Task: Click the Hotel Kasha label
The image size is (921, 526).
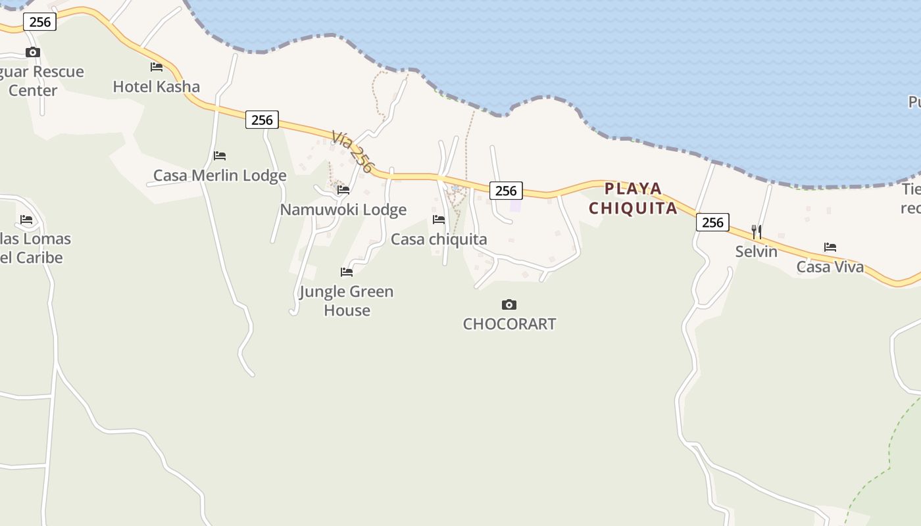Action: (156, 87)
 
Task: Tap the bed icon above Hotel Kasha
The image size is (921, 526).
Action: (157, 66)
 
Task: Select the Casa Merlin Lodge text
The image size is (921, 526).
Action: (220, 176)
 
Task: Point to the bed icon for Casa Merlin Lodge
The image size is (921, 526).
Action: (220, 156)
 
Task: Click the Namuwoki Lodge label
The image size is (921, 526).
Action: (343, 210)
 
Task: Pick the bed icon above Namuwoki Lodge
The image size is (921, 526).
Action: (343, 190)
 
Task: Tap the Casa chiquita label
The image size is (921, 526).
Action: (439, 239)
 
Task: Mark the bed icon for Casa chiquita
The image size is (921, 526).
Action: (439, 219)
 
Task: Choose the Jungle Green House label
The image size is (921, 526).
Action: (347, 300)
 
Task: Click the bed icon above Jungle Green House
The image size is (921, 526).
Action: (347, 272)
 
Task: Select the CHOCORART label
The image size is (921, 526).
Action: (509, 324)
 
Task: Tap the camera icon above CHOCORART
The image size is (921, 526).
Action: (509, 304)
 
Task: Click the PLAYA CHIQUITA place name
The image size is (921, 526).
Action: (633, 199)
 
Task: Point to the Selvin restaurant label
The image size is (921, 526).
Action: (757, 252)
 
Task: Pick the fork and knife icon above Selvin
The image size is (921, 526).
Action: (757, 232)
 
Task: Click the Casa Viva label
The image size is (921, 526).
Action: (830, 267)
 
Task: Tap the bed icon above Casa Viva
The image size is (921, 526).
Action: (830, 247)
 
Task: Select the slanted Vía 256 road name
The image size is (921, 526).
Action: (352, 152)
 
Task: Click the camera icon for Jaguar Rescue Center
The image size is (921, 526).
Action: (33, 53)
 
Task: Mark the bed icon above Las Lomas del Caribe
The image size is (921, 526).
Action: (26, 220)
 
